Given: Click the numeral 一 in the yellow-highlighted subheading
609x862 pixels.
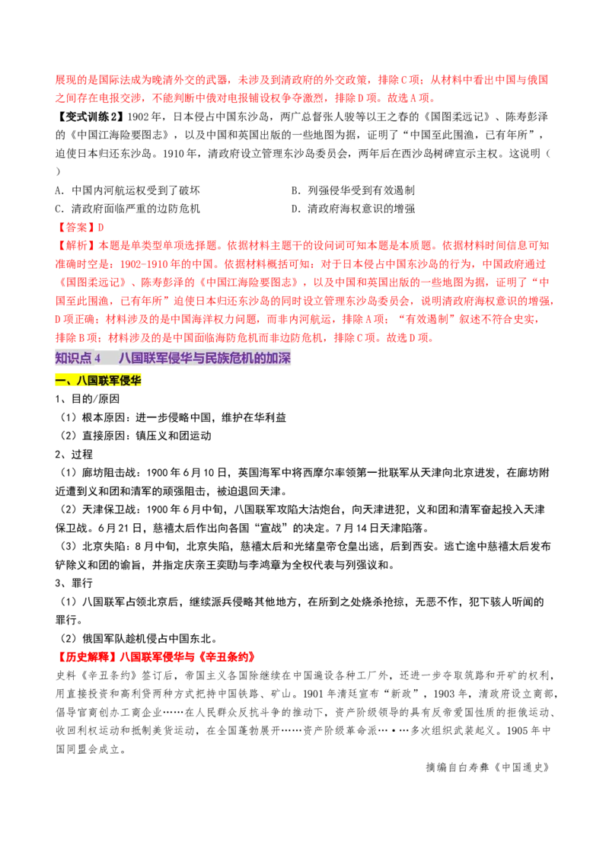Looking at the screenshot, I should coord(60,381).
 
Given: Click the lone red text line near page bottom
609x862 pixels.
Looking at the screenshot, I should coord(156,656).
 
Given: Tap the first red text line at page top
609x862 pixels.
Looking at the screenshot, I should coord(301,79).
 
